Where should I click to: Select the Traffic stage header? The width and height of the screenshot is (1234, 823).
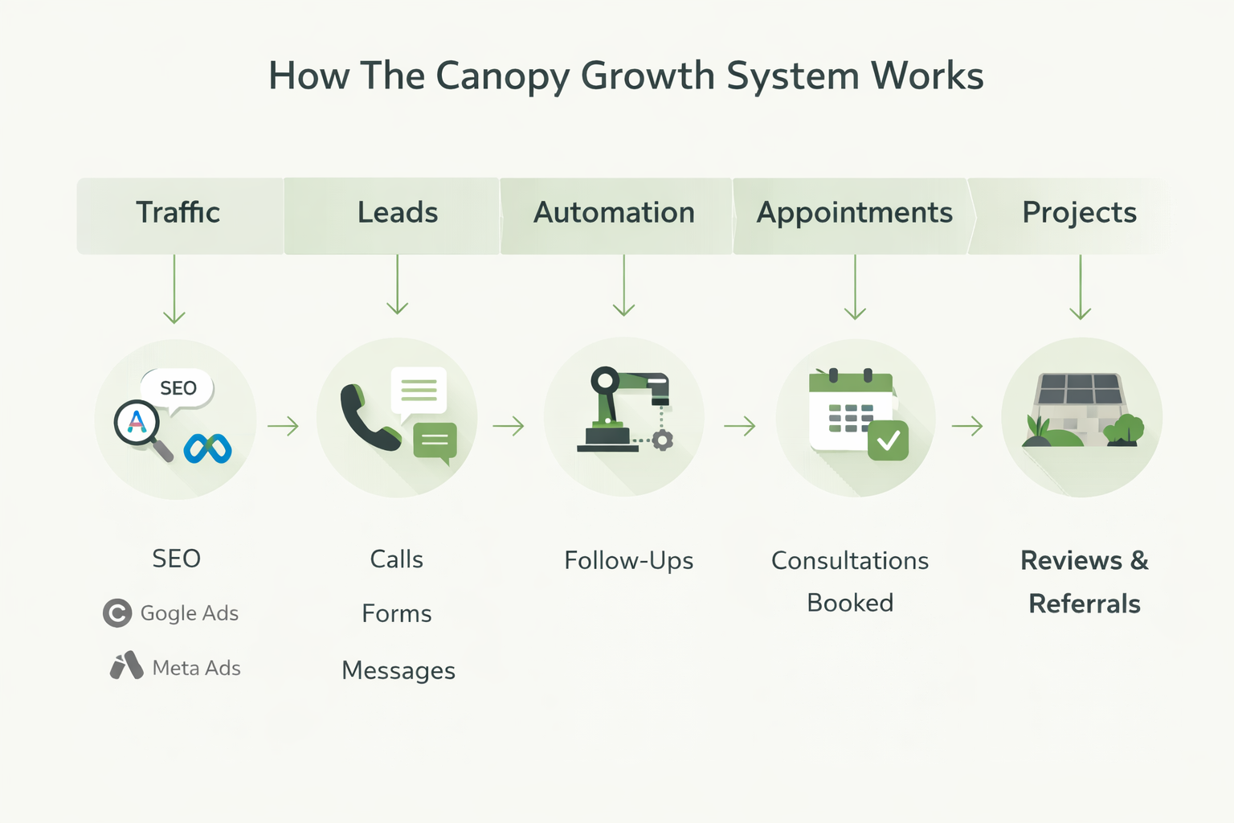pyautogui.click(x=178, y=213)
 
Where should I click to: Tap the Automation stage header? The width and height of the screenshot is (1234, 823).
pyautogui.click(x=615, y=213)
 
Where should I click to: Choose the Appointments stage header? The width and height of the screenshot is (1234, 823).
pyautogui.click(x=854, y=213)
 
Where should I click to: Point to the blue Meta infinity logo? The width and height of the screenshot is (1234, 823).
pyautogui.click(x=207, y=448)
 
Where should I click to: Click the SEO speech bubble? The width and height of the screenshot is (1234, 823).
pyautogui.click(x=178, y=388)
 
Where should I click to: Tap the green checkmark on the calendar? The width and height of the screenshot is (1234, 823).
pyautogui.click(x=888, y=440)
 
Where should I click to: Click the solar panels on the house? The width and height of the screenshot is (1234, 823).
pyautogui.click(x=1078, y=389)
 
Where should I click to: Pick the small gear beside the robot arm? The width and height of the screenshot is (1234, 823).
pyautogui.click(x=662, y=440)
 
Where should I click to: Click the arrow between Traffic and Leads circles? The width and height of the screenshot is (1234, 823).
pyautogui.click(x=283, y=426)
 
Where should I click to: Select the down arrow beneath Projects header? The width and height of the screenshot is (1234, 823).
pyautogui.click(x=1080, y=289)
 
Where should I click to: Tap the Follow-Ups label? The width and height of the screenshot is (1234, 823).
pyautogui.click(x=628, y=560)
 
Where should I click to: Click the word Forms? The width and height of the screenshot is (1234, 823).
pyautogui.click(x=396, y=614)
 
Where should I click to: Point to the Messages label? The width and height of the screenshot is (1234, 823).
pyautogui.click(x=398, y=670)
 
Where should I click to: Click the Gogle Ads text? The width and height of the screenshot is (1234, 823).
pyautogui.click(x=189, y=613)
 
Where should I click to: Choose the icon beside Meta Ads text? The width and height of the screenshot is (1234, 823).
pyautogui.click(x=126, y=666)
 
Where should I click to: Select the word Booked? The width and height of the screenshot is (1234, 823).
pyautogui.click(x=850, y=603)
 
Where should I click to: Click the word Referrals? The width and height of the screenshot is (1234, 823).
pyautogui.click(x=1084, y=604)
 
